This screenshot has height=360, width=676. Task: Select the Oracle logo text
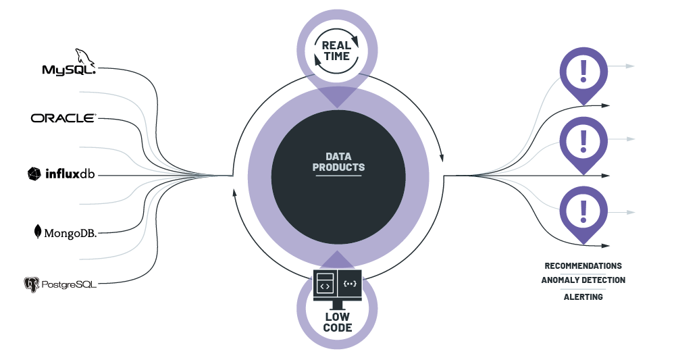tap(63, 118)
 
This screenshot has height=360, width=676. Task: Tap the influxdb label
tap(70, 175)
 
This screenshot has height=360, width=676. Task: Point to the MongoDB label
tap(70, 233)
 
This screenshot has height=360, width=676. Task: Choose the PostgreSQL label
tap(68, 284)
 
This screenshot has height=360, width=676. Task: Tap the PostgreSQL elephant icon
tap(31, 284)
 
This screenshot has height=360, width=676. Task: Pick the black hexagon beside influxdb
tap(34, 174)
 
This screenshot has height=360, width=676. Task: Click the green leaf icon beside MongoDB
tap(38, 232)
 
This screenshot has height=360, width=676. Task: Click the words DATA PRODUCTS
tap(338, 161)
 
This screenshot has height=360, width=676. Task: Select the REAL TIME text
tap(336, 51)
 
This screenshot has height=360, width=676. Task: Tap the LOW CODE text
tap(338, 322)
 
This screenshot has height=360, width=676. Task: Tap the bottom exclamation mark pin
tap(583, 211)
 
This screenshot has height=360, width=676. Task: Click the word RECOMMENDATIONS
tap(583, 266)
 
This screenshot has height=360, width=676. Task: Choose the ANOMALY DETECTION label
tap(583, 280)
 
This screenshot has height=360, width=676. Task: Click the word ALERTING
tap(583, 297)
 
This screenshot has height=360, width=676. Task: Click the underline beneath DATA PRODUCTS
tap(338, 176)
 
